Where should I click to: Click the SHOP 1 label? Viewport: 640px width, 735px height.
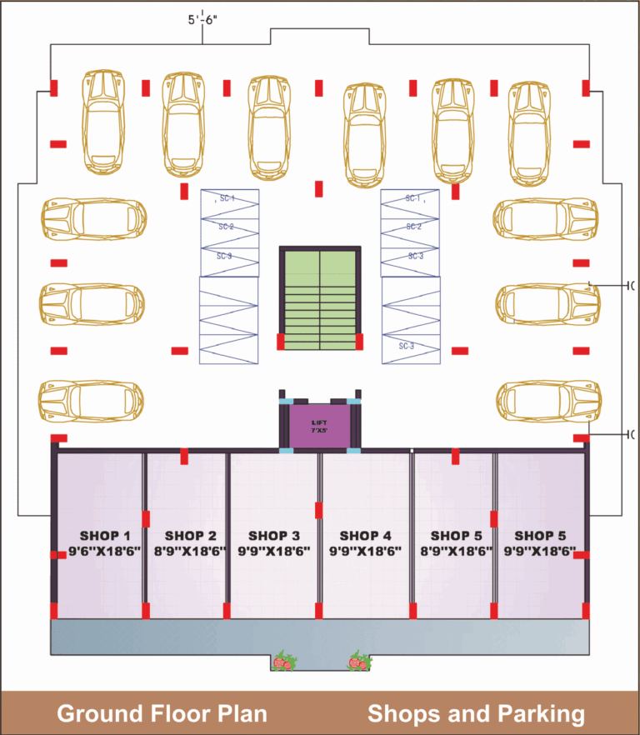point(105,535)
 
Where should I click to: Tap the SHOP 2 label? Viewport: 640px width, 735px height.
point(190,535)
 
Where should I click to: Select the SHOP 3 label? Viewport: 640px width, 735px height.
point(273,535)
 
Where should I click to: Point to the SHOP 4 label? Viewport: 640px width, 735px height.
point(365,535)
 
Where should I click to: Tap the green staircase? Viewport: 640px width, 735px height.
point(320,298)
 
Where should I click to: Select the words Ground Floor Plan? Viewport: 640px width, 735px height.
point(162,713)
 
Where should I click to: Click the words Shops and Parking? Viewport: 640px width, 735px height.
point(476,713)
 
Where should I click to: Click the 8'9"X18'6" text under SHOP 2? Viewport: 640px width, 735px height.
point(190,551)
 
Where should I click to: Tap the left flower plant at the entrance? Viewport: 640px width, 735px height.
point(284,662)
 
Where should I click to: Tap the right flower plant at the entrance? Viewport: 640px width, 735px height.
point(359,662)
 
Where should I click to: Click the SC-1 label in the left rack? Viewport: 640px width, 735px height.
point(227,199)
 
